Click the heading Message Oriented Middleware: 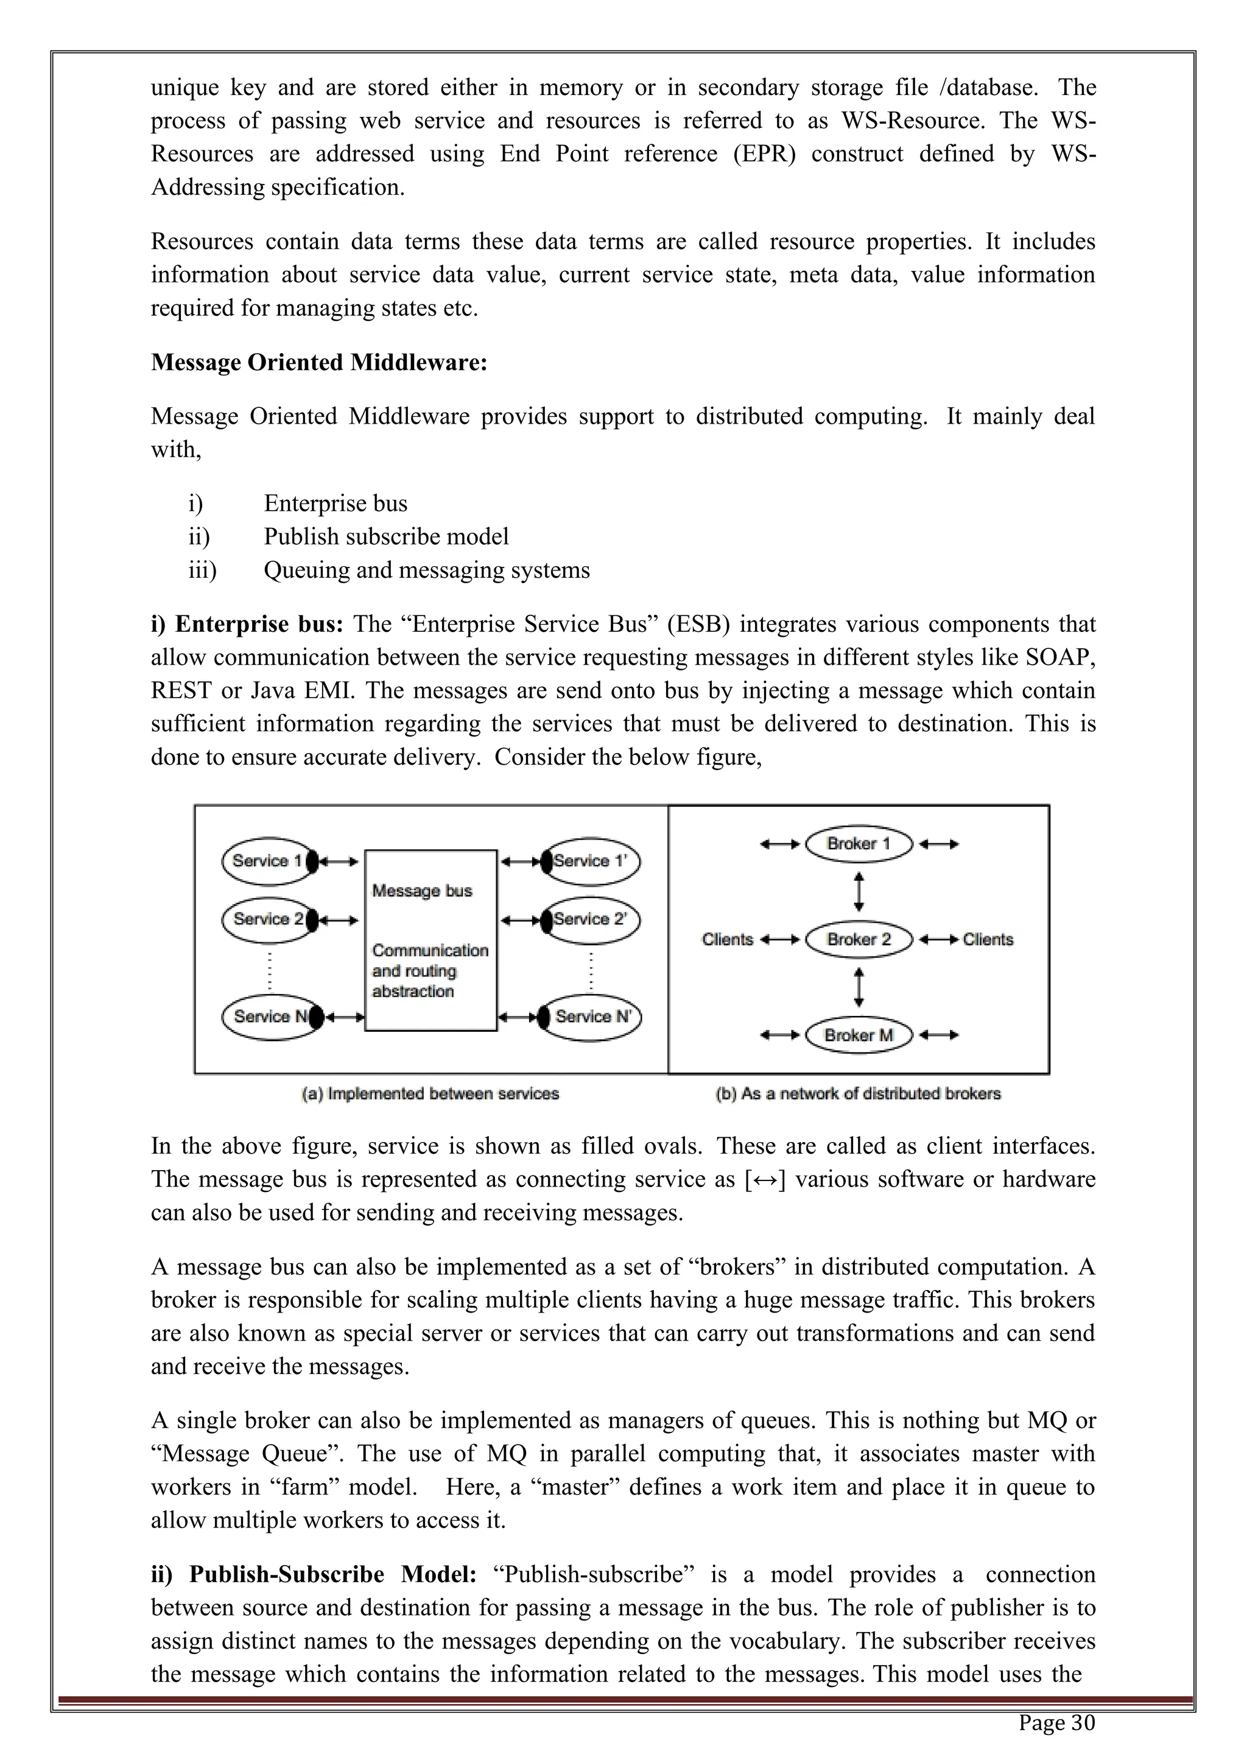click(318, 362)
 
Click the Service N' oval click(592, 1017)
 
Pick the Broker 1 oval click(859, 844)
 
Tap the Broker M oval click(859, 1035)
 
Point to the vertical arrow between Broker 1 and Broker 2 click(859, 891)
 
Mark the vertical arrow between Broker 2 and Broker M click(859, 987)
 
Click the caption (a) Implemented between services click(430, 1093)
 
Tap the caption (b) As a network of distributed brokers click(858, 1093)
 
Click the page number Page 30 click(1056, 1722)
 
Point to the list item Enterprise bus click(335, 503)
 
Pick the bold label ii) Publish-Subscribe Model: click(314, 1574)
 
